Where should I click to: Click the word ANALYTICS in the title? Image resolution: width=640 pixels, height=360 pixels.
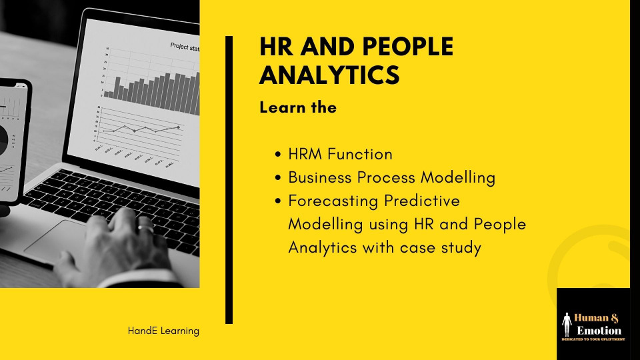(329, 75)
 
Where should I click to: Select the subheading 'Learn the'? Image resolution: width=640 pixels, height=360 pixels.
(298, 107)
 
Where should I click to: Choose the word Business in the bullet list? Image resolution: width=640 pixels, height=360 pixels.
(319, 177)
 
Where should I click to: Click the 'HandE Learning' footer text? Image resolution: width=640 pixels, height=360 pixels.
(163, 331)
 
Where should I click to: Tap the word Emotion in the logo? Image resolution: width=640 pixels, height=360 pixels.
(599, 330)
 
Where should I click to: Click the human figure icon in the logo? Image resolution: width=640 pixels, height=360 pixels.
(567, 323)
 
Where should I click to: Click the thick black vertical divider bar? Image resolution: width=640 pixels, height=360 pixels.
(229, 180)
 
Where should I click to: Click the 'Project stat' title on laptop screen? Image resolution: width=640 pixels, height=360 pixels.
(185, 46)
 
